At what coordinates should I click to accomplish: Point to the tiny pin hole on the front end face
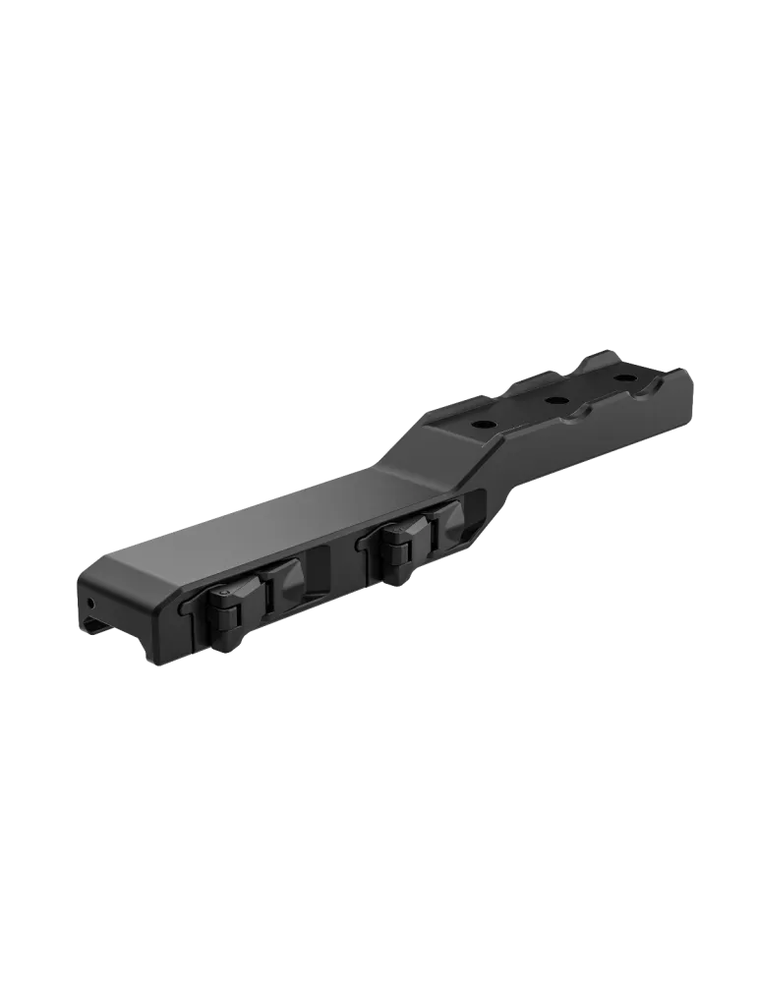tap(92, 599)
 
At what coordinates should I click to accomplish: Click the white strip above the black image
tap(379, 59)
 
